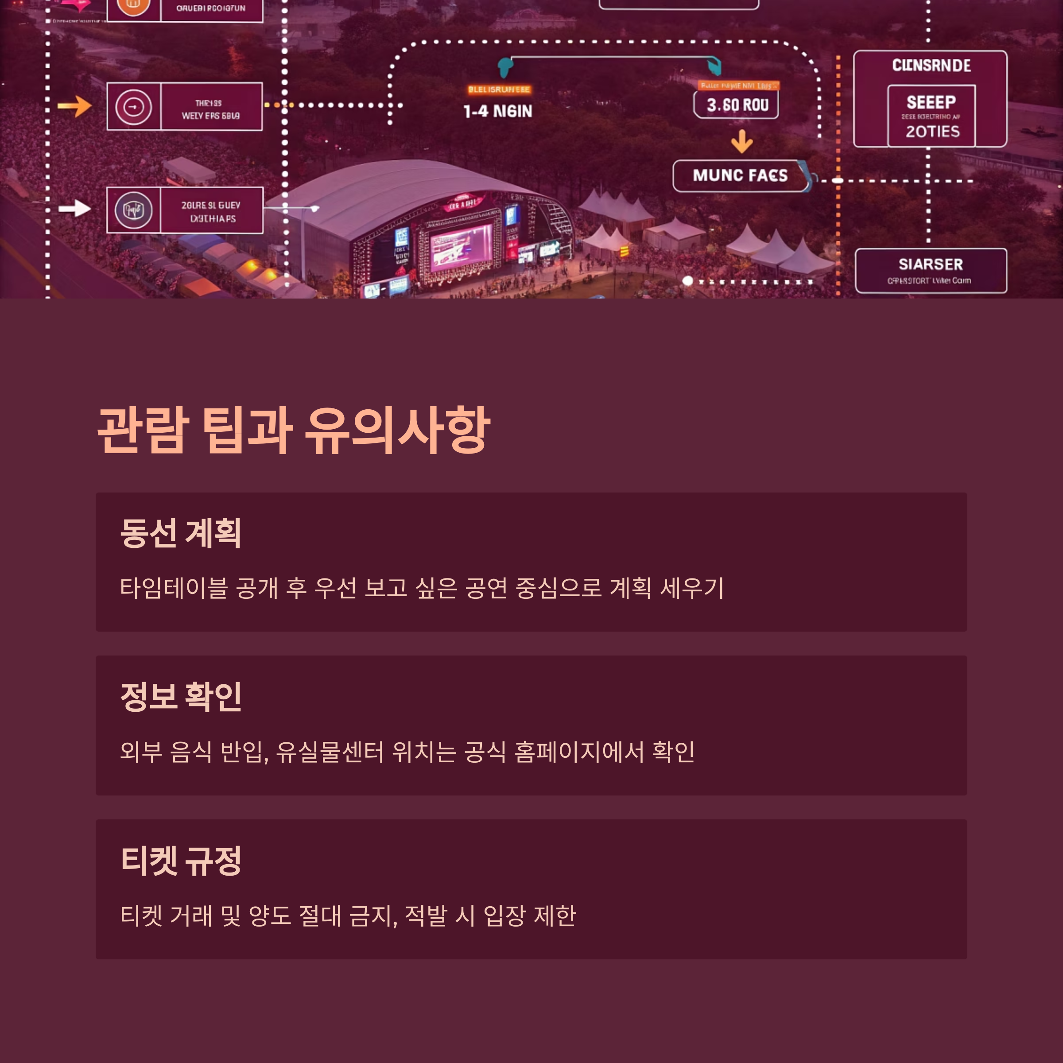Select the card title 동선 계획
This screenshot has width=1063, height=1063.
point(180,533)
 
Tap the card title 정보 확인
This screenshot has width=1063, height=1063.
point(180,697)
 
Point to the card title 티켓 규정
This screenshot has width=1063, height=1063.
point(180,861)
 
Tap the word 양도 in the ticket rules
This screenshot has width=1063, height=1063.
point(270,916)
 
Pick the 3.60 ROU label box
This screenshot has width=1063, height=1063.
point(736,105)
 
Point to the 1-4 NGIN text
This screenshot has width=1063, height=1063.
point(497,112)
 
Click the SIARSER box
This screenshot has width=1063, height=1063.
point(931,271)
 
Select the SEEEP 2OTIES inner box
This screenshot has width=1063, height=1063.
point(931,116)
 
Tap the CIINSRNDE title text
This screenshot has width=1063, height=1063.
point(931,66)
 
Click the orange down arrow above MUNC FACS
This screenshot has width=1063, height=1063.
point(742,141)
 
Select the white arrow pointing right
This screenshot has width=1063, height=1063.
point(75,208)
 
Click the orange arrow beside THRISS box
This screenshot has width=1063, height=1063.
point(74,106)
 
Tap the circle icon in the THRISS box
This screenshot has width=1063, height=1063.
point(134,106)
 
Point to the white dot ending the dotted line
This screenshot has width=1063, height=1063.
point(687,281)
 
